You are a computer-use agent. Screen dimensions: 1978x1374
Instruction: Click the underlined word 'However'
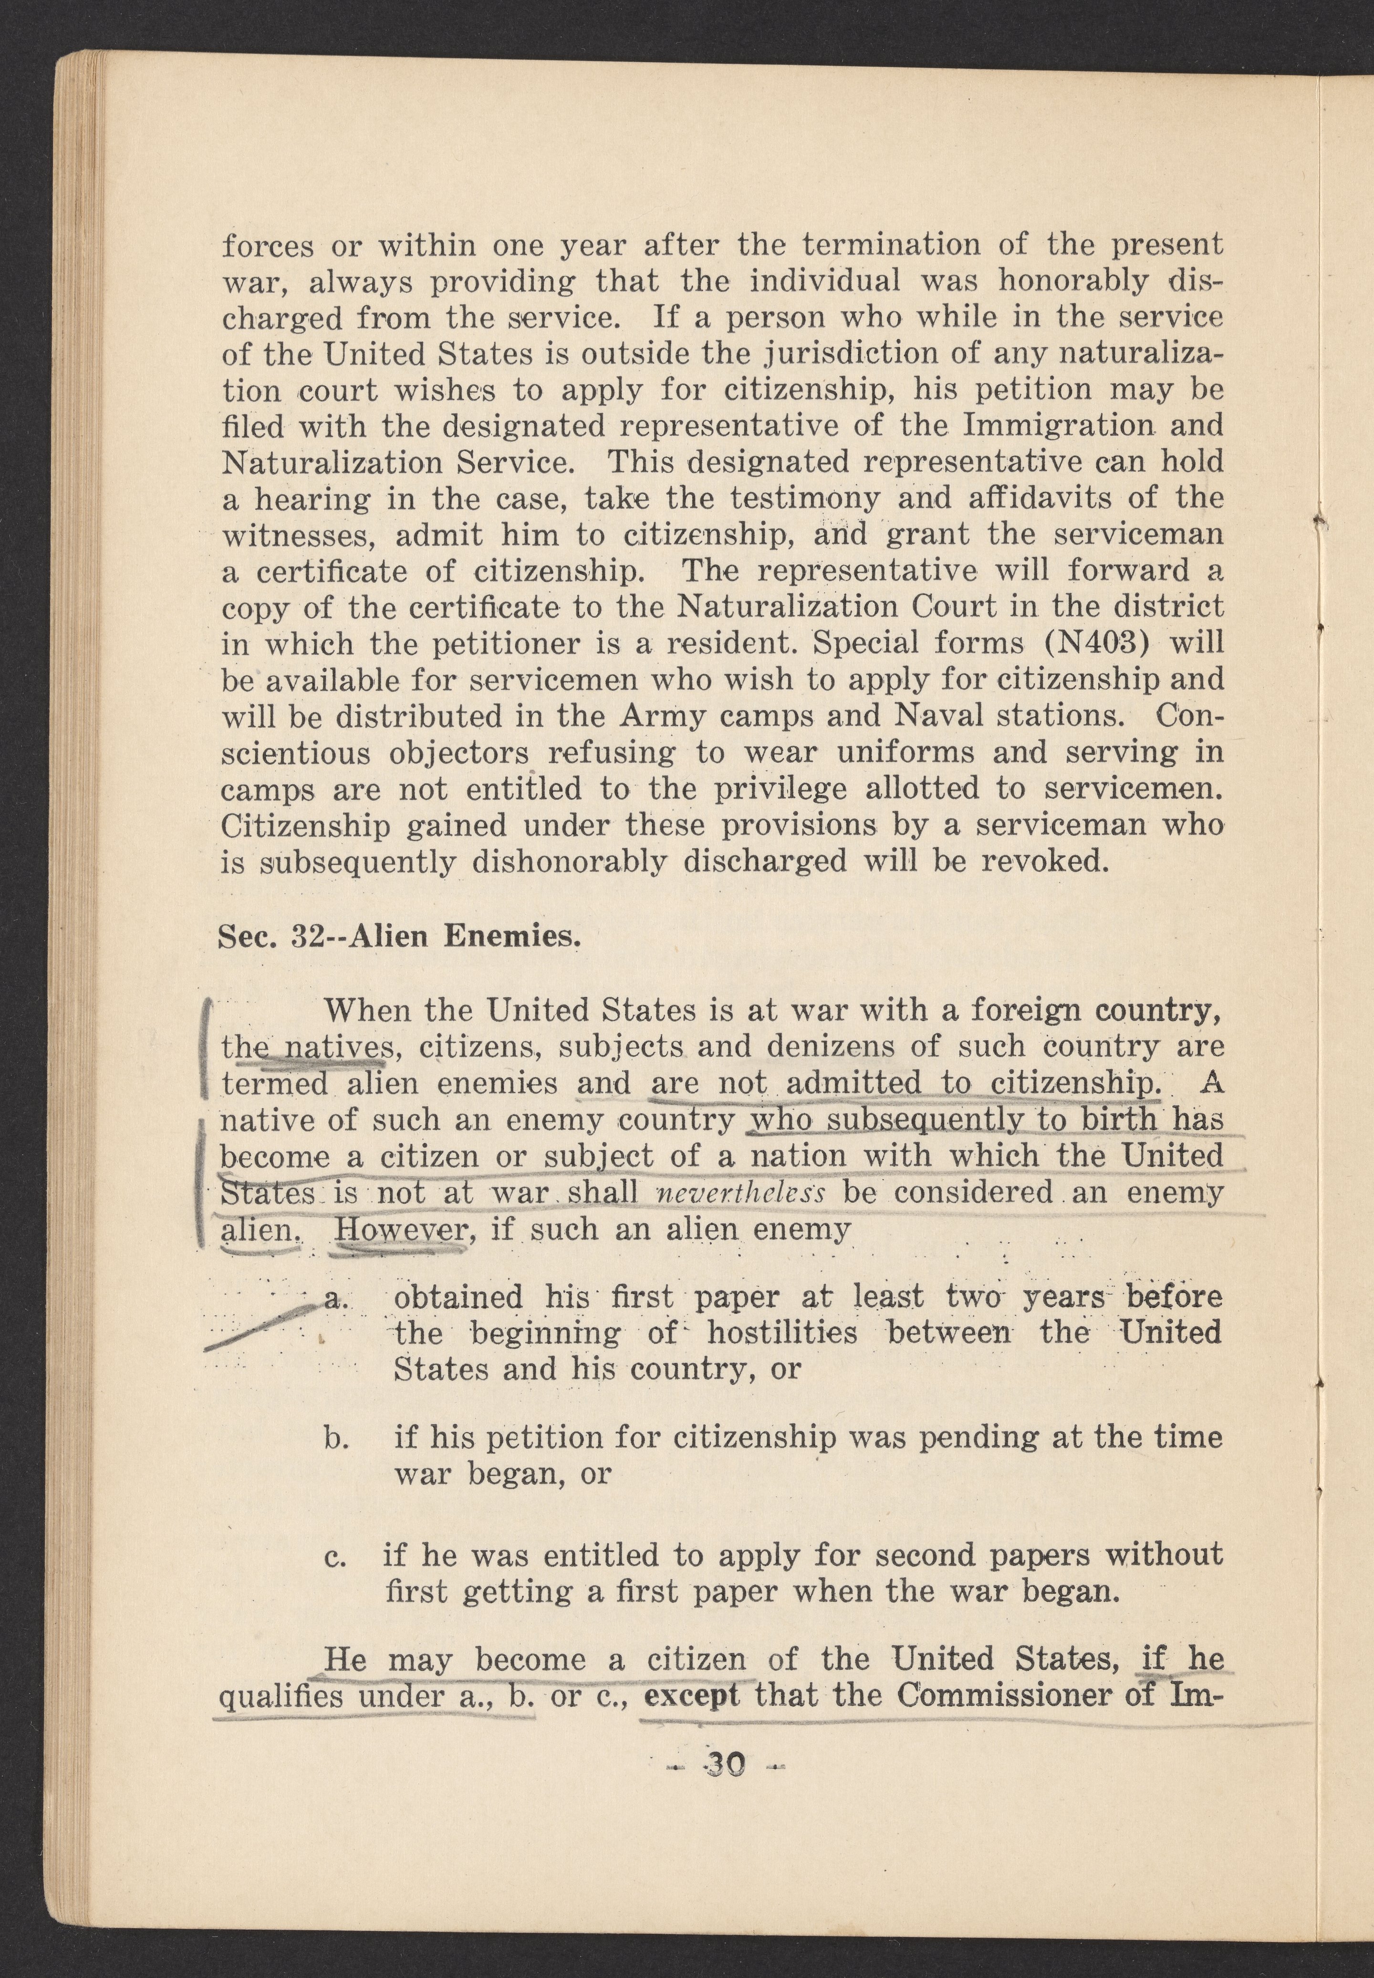tap(401, 1229)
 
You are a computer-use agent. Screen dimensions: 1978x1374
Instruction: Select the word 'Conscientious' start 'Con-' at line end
tap(1190, 715)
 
